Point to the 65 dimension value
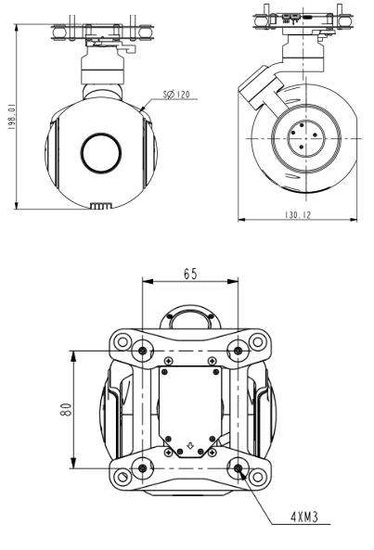[x=191, y=275]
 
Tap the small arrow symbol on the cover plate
[x=191, y=446]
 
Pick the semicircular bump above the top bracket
[x=191, y=318]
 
